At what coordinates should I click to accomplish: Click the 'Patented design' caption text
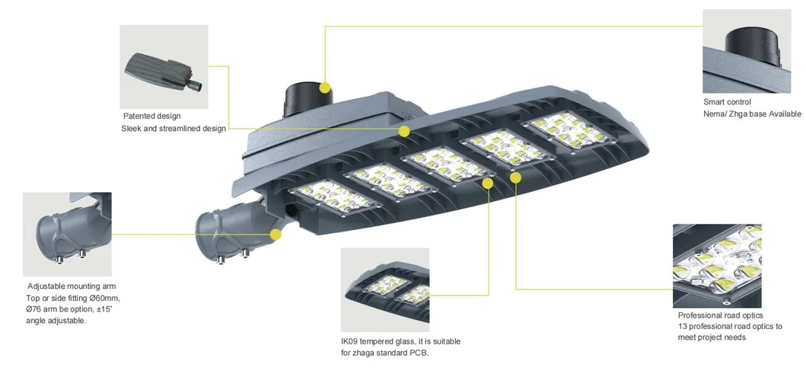tap(152, 116)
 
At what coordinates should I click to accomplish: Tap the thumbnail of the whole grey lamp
tap(164, 67)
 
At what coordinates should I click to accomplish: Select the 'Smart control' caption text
tap(727, 102)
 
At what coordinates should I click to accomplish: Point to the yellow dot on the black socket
tap(325, 88)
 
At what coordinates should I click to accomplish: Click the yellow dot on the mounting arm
tap(276, 235)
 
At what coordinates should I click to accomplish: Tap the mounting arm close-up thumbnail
tap(67, 234)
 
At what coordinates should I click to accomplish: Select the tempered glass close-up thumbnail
tap(384, 290)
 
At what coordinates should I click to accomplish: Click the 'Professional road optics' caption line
tap(720, 315)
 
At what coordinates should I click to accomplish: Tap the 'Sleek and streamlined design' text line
tap(174, 129)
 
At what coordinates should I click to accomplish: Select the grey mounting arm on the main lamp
tap(228, 230)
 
